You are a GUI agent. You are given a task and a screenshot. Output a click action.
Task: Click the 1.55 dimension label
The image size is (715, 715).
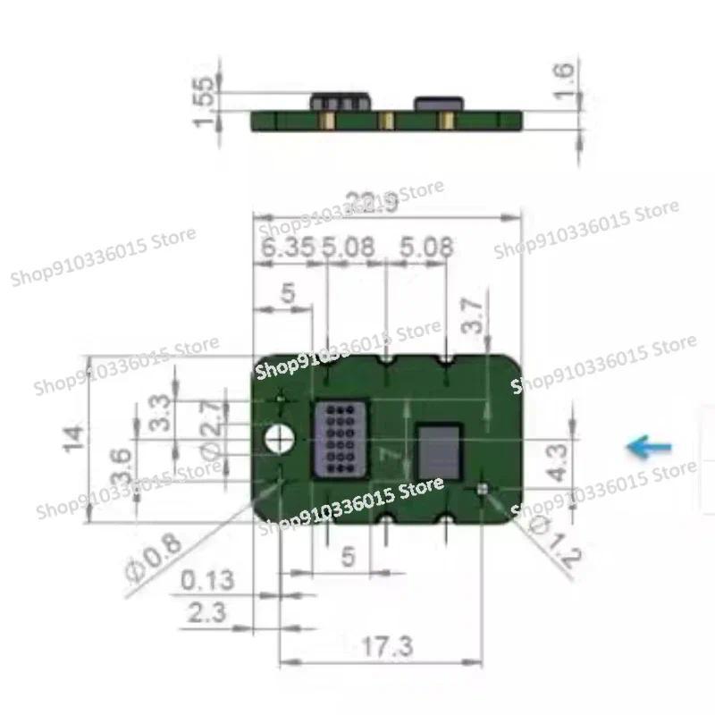tap(206, 100)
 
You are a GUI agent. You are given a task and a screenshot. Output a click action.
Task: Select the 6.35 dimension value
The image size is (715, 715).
tap(287, 248)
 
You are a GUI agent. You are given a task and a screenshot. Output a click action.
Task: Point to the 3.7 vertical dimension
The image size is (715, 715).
tap(474, 315)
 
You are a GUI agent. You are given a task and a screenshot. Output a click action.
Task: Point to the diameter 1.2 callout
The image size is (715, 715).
tap(547, 539)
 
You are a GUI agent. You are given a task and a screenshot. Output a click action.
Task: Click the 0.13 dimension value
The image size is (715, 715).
tap(206, 580)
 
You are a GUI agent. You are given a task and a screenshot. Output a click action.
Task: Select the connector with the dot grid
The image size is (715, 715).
tap(338, 438)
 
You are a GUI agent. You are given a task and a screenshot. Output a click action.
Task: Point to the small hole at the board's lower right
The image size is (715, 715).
tap(484, 489)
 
